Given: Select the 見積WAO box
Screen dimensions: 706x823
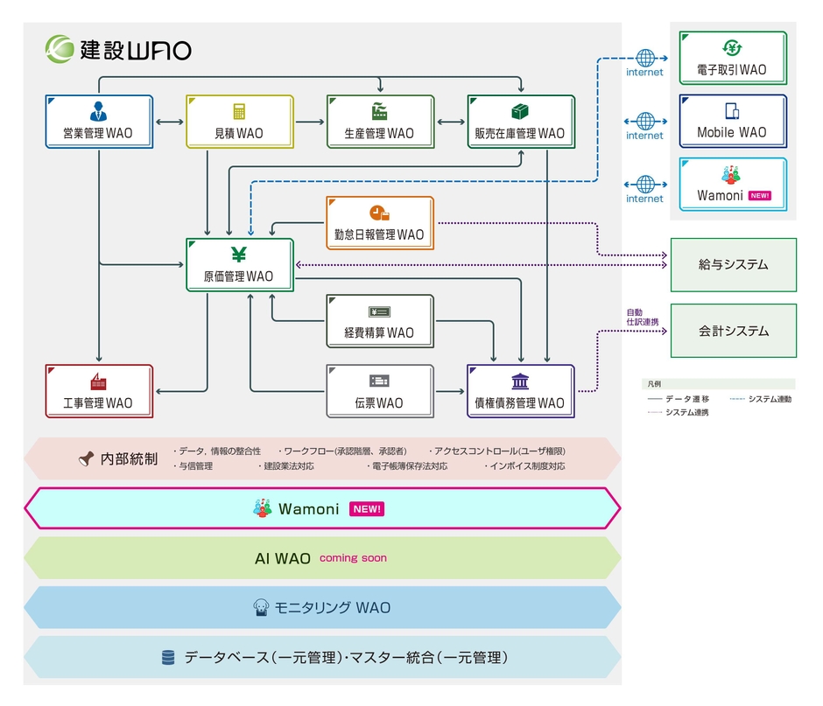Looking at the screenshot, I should [238, 122].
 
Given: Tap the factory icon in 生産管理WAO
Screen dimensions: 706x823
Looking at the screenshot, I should [379, 111].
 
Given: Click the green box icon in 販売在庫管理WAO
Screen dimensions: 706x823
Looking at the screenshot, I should [520, 111].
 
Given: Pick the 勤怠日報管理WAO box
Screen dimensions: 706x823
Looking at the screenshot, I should [379, 223].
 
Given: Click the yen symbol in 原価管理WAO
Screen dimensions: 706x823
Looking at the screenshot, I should [238, 255].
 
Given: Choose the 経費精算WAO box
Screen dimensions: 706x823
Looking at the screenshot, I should [379, 321].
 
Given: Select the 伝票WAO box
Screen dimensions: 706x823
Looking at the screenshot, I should [379, 391].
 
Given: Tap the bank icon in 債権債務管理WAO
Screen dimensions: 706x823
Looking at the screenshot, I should [520, 381].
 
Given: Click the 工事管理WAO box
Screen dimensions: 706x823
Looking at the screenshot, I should [98, 391].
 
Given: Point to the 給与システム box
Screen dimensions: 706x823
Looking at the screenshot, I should [733, 264].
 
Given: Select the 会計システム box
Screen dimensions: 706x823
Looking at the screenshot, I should [733, 331].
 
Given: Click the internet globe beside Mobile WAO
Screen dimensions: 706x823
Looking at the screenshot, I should [645, 121].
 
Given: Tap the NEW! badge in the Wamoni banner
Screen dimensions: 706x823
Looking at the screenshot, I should [367, 509].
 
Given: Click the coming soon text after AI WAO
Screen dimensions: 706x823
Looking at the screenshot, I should [353, 558].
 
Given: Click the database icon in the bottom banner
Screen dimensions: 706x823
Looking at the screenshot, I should [168, 657].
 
